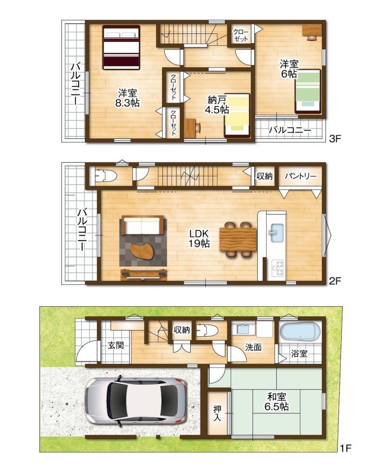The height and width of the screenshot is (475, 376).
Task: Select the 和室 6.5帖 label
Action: pyautogui.click(x=276, y=401)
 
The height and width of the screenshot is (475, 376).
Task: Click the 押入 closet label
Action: pyautogui.click(x=217, y=412)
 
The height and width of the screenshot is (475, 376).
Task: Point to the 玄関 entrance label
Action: pyautogui.click(x=115, y=345)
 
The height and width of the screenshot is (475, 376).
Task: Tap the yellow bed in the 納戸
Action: pyautogui.click(x=237, y=116)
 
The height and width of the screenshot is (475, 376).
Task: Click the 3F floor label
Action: pyautogui.click(x=335, y=139)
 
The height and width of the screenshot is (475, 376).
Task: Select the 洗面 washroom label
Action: pyautogui.click(x=253, y=348)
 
